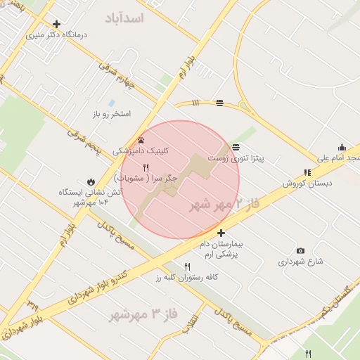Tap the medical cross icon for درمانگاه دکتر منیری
click(x=56, y=24)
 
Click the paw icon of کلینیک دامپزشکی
click(x=141, y=140)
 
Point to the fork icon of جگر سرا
click(x=146, y=167)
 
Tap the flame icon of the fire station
click(x=91, y=181)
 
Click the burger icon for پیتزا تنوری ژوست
click(x=236, y=147)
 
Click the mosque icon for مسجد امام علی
click(x=342, y=147)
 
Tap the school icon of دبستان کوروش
click(x=307, y=172)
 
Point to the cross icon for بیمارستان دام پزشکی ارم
click(x=221, y=233)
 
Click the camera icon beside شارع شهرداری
click(x=301, y=251)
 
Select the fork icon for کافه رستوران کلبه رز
click(x=187, y=266)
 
